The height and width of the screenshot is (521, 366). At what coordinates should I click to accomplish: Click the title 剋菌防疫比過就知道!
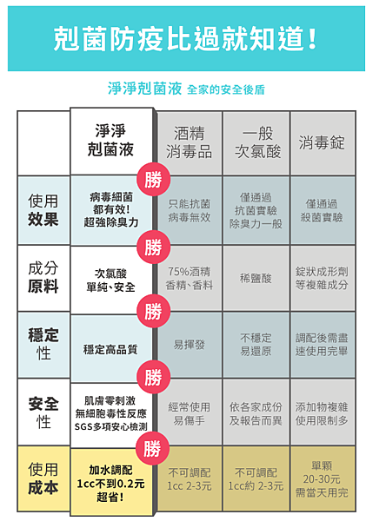click(x=185, y=39)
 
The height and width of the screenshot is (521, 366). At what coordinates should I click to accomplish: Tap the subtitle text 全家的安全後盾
click(x=226, y=89)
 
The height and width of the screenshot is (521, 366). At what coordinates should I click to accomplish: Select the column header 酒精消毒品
click(x=189, y=142)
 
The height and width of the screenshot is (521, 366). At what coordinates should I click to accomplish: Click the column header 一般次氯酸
click(x=257, y=142)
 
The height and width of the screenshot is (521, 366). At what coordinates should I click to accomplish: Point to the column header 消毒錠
click(x=322, y=142)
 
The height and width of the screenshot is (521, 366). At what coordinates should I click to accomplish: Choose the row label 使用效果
click(x=43, y=210)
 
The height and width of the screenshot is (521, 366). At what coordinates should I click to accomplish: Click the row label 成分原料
click(x=43, y=278)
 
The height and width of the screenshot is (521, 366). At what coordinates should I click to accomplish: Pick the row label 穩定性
click(x=43, y=344)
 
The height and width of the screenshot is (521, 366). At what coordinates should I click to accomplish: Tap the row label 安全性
click(x=43, y=412)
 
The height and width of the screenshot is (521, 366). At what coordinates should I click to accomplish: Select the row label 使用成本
click(x=43, y=478)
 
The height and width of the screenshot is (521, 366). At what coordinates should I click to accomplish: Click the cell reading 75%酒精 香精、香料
click(x=189, y=278)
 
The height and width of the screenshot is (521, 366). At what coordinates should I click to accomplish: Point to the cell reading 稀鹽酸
click(x=256, y=278)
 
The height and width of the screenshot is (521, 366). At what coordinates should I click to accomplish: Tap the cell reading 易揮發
click(x=189, y=345)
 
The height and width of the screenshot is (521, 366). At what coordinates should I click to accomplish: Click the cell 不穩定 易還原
click(x=256, y=345)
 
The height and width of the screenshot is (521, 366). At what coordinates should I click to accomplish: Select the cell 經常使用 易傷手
click(x=189, y=413)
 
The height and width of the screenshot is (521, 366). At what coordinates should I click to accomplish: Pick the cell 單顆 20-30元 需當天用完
click(x=322, y=478)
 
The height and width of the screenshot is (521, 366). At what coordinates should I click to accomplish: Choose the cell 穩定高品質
click(x=110, y=350)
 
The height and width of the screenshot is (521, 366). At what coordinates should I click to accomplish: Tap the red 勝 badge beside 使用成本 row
click(x=153, y=448)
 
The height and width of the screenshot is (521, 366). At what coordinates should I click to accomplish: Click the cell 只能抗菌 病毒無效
click(x=189, y=210)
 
